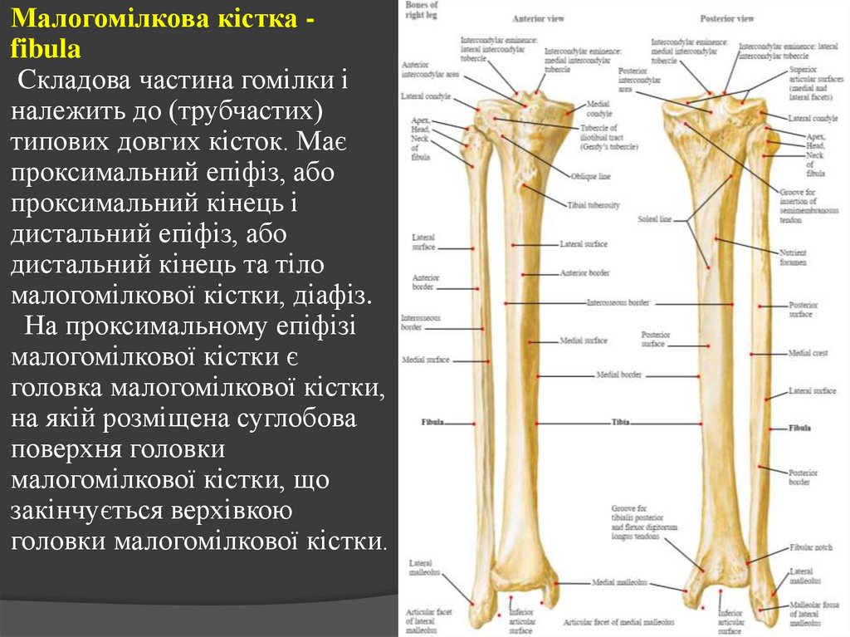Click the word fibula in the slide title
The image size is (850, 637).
46,49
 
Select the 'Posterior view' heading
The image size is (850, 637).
726,18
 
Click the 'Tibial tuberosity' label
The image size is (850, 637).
594,205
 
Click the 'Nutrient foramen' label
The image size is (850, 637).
793,257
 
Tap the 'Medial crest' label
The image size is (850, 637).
808,353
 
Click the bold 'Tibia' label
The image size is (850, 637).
622,423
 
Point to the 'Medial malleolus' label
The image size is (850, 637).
613,582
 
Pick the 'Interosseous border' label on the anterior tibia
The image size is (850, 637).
618,303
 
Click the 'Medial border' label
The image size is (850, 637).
619,375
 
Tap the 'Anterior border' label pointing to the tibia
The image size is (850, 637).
585,272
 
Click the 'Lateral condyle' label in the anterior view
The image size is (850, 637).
426,96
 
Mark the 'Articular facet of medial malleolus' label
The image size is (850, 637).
619,621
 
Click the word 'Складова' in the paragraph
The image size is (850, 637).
73,82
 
